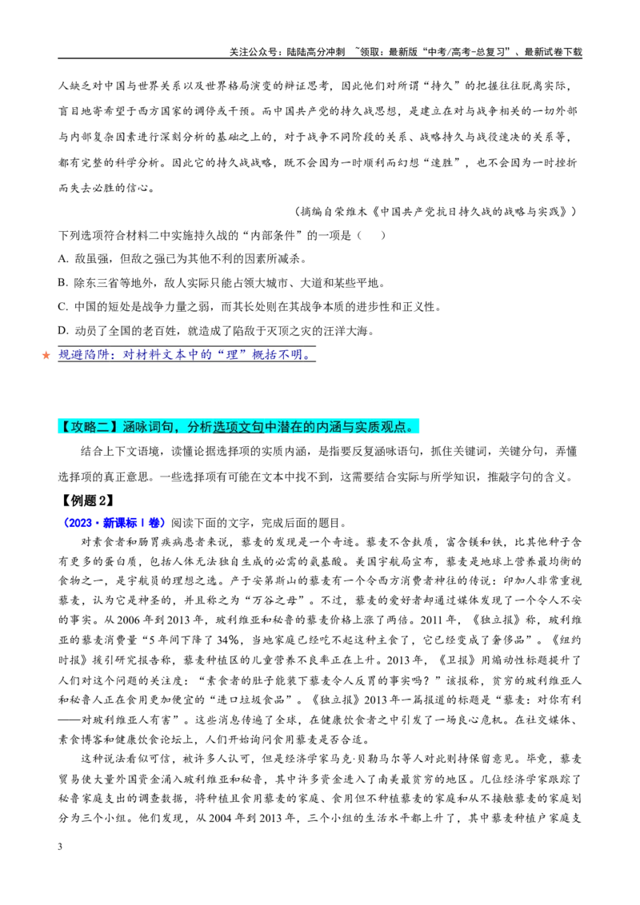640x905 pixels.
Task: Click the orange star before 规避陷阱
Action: tap(46, 355)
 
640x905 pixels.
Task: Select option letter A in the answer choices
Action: tap(62, 259)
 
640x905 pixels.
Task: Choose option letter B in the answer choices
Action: tap(62, 283)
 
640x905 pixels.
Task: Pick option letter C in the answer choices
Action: tap(62, 307)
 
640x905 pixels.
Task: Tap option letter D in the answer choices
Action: tap(62, 331)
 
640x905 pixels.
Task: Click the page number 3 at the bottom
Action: tap(60, 847)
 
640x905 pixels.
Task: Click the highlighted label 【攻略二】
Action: tap(90, 427)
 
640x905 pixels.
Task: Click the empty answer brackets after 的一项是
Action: tap(371, 236)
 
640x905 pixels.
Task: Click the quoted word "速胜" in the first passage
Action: tap(442, 163)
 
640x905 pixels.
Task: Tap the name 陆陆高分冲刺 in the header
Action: tap(315, 52)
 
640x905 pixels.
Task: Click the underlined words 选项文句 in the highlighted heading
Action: tap(238, 427)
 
